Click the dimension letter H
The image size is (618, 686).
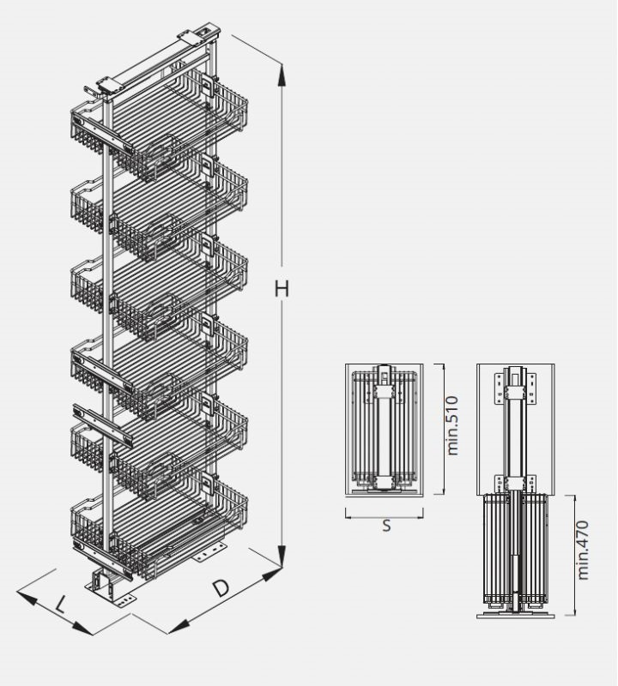(x=282, y=290)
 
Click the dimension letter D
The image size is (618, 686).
(x=221, y=588)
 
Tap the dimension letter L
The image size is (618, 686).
(x=59, y=605)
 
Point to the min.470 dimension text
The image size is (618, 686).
(x=583, y=548)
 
